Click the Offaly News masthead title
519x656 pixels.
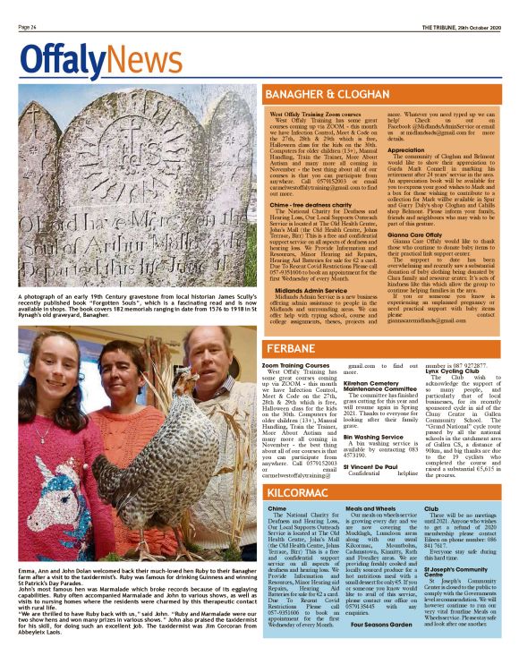[86, 60]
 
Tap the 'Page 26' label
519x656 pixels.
[27, 28]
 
